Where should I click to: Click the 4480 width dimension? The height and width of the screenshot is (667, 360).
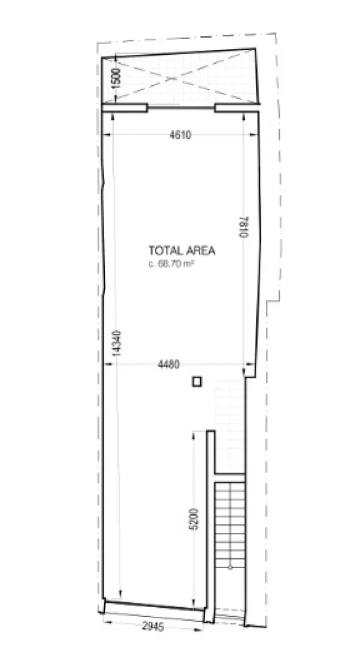(x=169, y=364)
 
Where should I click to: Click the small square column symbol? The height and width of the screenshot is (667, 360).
(x=196, y=382)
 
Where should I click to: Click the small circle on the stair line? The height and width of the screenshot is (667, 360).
(x=229, y=566)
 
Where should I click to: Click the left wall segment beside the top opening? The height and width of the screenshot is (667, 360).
(x=125, y=108)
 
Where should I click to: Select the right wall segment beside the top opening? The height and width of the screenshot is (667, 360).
(x=236, y=108)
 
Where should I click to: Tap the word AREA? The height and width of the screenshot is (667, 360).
(x=199, y=250)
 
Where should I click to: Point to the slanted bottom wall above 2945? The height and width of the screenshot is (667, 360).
(x=154, y=605)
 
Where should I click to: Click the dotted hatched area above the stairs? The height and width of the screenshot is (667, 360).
(x=229, y=426)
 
